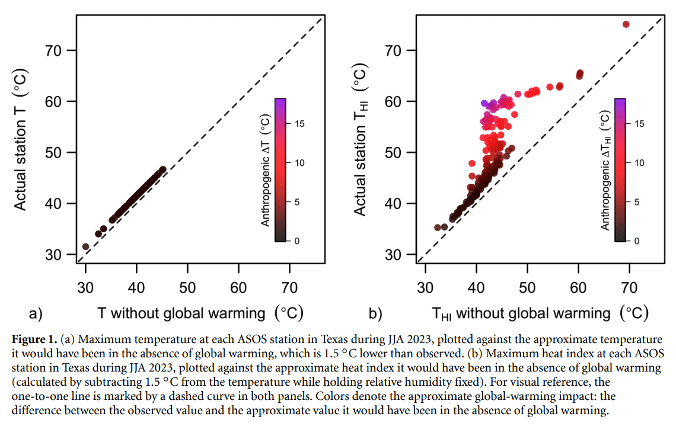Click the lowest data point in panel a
click(x=85, y=246)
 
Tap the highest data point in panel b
click(x=626, y=24)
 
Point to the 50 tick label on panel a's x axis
click(x=187, y=288)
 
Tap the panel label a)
click(x=36, y=313)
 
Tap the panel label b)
click(x=375, y=313)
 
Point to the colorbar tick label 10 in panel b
click(x=639, y=163)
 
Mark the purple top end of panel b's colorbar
click(x=620, y=101)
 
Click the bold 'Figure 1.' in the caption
click(x=34, y=340)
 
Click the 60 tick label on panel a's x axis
click(x=238, y=288)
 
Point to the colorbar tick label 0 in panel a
click(x=297, y=241)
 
